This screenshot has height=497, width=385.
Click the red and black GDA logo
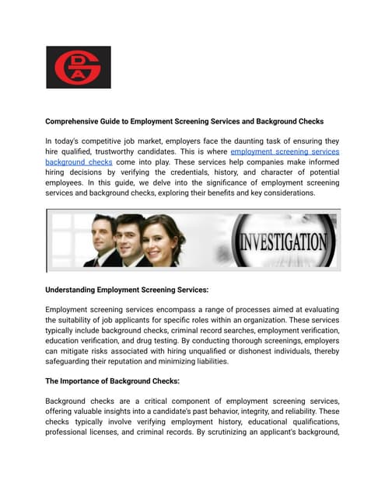[78, 67]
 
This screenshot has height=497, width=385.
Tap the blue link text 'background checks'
[79, 162]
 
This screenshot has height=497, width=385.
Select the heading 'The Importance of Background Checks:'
[113, 381]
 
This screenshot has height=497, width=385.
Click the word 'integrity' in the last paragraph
[278, 411]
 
